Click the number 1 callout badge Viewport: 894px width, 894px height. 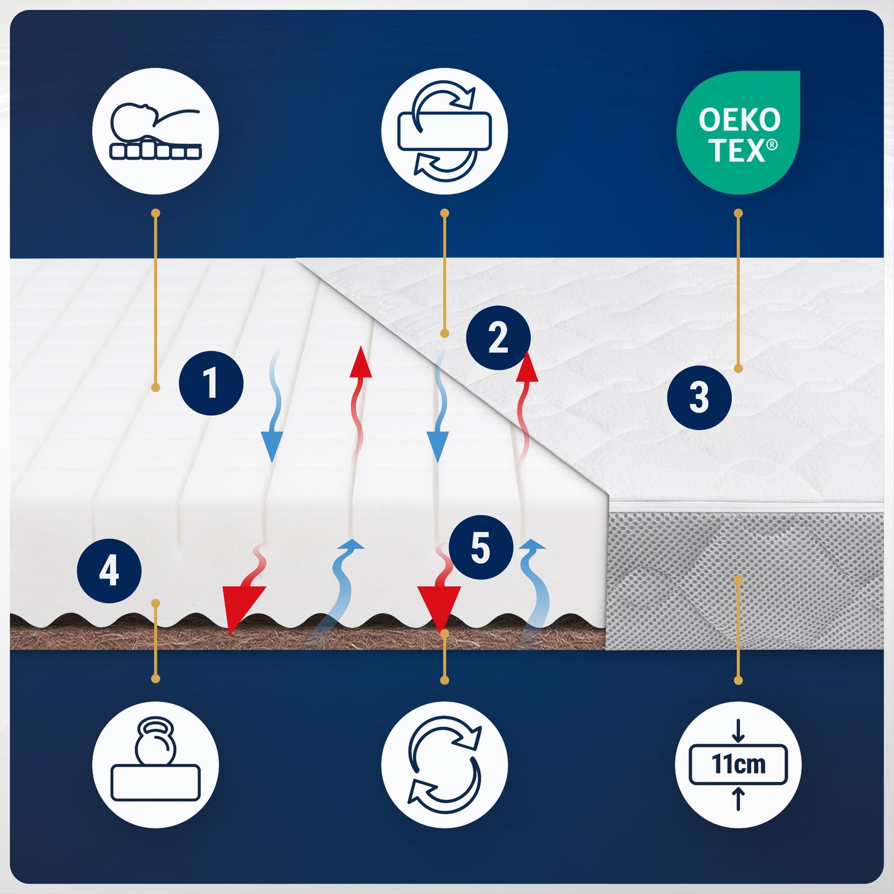(x=211, y=383)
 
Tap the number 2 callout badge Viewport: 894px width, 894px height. (x=498, y=338)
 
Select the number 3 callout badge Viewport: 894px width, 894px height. (x=699, y=397)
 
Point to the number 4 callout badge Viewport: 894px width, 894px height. (x=110, y=570)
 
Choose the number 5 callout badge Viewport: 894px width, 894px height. (x=481, y=547)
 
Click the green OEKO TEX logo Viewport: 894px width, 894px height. (x=738, y=132)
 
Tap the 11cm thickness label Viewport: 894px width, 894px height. (x=739, y=763)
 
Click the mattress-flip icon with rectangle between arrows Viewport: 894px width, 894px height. (x=444, y=131)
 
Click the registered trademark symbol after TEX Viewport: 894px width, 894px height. (x=772, y=145)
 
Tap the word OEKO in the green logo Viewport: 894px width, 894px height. (x=739, y=120)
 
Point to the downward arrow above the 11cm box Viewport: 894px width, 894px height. (x=739, y=731)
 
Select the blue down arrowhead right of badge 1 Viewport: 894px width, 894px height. (x=272, y=446)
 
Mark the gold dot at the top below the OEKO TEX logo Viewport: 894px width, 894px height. (x=739, y=213)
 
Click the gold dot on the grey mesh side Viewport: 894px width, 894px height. (x=739, y=579)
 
